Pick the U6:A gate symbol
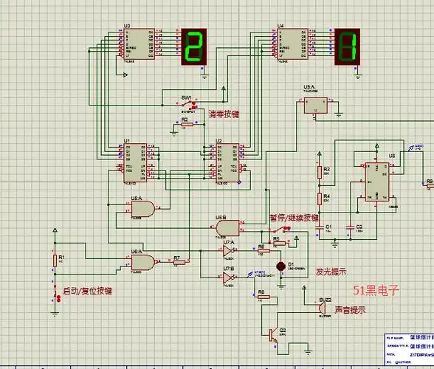click(143, 261)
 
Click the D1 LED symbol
click(280, 265)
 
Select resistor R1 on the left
click(54, 260)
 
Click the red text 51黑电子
click(376, 290)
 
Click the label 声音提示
click(350, 310)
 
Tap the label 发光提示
click(331, 271)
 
